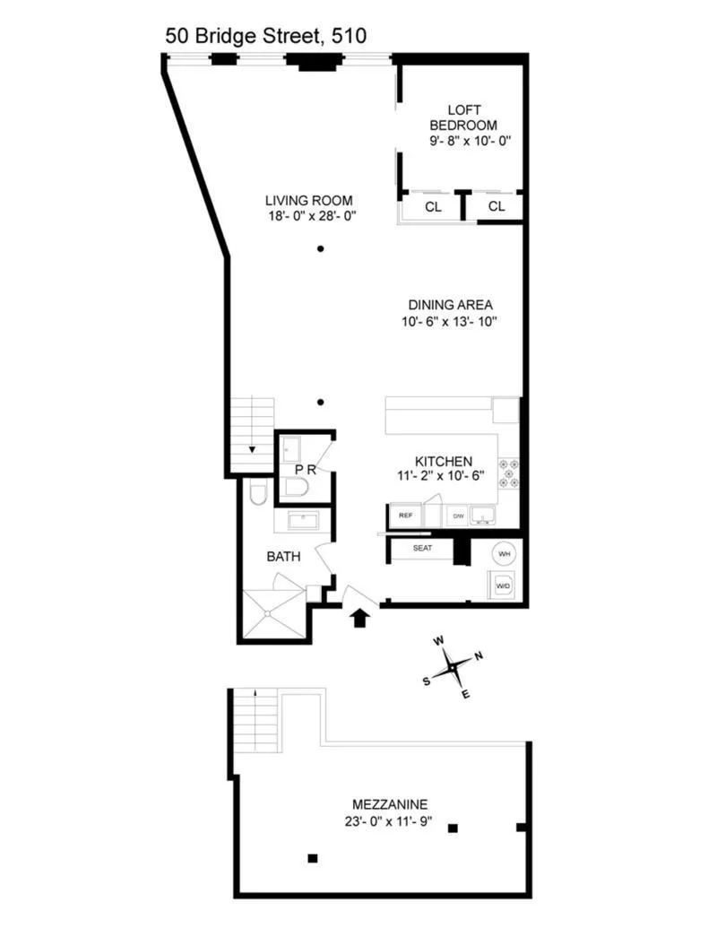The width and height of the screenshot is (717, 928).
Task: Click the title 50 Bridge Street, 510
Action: tap(265, 36)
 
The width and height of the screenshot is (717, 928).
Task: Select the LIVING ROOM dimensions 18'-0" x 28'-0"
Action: tap(308, 215)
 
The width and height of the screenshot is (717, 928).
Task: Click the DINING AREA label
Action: tap(452, 304)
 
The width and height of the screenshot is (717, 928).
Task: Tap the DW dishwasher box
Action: tap(458, 516)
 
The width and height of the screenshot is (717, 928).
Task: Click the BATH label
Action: tap(282, 557)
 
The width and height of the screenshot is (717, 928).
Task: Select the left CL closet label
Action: tap(433, 206)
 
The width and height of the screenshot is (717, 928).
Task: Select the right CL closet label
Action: tap(497, 206)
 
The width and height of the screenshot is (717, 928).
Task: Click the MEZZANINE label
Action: tap(388, 804)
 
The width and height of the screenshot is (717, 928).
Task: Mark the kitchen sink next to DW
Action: tap(485, 516)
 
